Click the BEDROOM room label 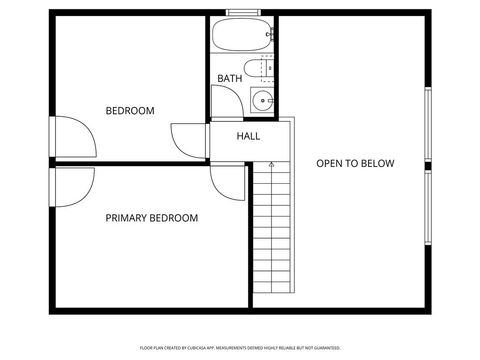coord(130,111)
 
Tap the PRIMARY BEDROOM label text coord(151,218)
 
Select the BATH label coord(230,79)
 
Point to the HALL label coord(249,136)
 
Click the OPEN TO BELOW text coord(355,164)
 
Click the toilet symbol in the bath coord(262,69)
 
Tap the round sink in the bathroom coord(262,100)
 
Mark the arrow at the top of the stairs coord(271,162)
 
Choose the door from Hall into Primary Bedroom coord(227,183)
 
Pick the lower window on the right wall coord(427,208)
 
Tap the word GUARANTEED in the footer coord(325,348)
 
